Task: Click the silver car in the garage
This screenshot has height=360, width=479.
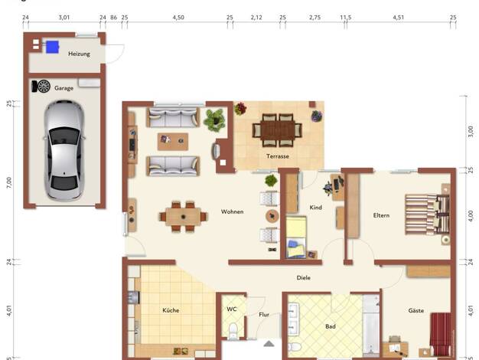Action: tap(64, 150)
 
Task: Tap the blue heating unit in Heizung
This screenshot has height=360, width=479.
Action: tap(52, 47)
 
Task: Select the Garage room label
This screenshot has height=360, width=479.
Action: tap(64, 88)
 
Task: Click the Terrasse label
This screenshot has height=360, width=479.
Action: tap(278, 156)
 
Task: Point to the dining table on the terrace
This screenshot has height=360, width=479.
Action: tap(278, 130)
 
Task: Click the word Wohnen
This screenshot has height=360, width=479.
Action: tap(232, 211)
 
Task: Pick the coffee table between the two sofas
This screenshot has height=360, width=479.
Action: tap(173, 142)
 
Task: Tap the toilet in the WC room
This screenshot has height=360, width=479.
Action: tap(233, 331)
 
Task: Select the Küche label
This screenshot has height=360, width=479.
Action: tap(171, 310)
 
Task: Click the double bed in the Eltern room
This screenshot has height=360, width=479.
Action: tap(428, 214)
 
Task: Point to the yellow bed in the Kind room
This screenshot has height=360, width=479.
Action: tap(296, 237)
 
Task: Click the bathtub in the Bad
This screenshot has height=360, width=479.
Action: tap(371, 326)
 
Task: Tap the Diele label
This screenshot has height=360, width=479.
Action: tap(303, 278)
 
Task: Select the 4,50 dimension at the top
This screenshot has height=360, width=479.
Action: tap(178, 18)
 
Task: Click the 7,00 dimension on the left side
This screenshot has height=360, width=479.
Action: tap(9, 182)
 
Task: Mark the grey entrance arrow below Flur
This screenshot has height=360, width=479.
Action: tap(269, 344)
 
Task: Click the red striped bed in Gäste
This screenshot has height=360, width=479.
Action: tap(441, 334)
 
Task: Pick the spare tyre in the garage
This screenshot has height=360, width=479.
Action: tap(43, 87)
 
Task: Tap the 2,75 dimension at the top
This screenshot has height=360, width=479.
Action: tap(314, 18)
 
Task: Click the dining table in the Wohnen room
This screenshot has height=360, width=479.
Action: tap(184, 217)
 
